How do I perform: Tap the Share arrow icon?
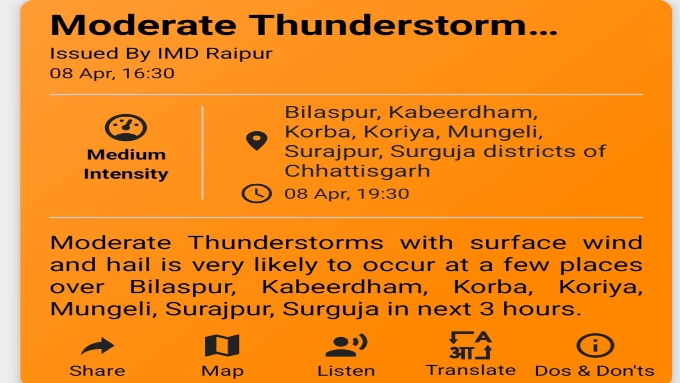click(98, 346)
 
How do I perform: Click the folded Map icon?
click(222, 345)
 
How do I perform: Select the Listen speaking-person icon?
click(346, 345)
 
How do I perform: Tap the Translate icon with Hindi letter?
click(470, 345)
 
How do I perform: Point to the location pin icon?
click(256, 141)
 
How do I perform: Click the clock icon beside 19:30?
click(256, 194)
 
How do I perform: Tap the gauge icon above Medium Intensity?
click(126, 128)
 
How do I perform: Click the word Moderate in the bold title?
click(143, 26)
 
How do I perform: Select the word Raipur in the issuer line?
click(239, 54)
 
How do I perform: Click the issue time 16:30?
click(149, 73)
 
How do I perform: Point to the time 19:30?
click(383, 194)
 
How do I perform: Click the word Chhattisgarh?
click(358, 171)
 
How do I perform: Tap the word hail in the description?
click(129, 265)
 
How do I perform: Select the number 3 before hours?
click(487, 309)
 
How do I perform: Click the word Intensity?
click(126, 174)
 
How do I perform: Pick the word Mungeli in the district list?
click(495, 132)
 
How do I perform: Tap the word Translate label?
click(471, 370)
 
